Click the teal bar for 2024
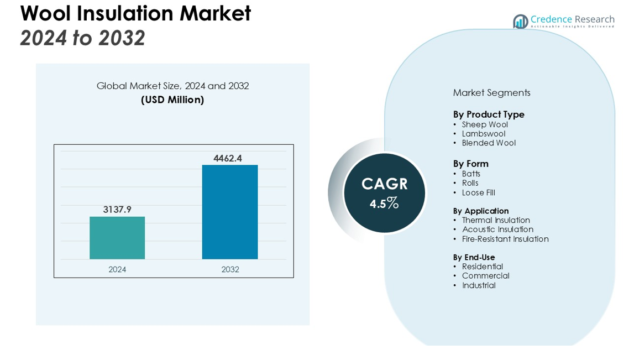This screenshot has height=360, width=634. click(117, 238)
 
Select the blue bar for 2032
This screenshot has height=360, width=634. click(230, 212)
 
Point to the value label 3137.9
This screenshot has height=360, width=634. click(117, 210)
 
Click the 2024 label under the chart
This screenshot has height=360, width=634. click(117, 269)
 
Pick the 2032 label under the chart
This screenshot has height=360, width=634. click(230, 269)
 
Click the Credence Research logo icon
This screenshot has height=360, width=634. click(520, 22)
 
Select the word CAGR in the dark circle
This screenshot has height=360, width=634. click(385, 184)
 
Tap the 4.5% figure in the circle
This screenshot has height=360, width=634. click(385, 204)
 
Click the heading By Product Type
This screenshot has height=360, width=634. click(489, 114)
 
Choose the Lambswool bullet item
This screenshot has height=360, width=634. click(484, 134)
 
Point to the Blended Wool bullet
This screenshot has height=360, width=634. click(489, 143)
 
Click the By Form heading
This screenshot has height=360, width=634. click(471, 164)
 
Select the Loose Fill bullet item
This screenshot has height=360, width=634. click(479, 193)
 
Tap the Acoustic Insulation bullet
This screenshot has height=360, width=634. click(497, 229)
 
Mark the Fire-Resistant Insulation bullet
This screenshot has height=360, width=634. click(505, 239)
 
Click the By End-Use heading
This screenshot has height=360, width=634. click(474, 257)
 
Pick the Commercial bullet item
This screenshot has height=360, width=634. click(485, 276)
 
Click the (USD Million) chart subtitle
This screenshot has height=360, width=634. click(172, 100)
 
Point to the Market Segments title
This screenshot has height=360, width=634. click(491, 93)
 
